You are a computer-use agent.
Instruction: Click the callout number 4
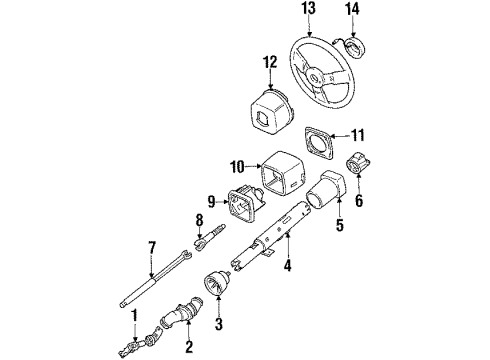tap(288, 264)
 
